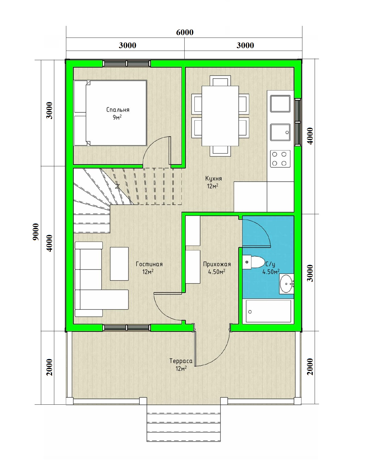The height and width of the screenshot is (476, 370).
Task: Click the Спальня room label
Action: (118, 110)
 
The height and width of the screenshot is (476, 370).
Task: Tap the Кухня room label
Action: (213, 179)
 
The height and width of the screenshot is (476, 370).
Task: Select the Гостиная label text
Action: (149, 264)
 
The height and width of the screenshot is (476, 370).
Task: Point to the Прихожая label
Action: (217, 264)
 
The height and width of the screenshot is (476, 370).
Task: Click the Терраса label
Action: (181, 361)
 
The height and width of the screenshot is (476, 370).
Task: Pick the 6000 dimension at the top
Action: (185, 32)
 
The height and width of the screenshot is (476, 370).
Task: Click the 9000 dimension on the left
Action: (36, 232)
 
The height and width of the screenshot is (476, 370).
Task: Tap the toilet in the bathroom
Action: (254, 262)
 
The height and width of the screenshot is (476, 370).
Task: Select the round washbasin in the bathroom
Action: (287, 284)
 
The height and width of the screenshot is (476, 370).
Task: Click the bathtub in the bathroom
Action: (268, 311)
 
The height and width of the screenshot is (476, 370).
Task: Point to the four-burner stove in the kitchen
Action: (280, 159)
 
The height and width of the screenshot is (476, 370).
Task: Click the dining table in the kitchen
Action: (220, 116)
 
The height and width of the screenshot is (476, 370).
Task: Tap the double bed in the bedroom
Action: (110, 113)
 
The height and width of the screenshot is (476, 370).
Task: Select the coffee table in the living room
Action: (119, 264)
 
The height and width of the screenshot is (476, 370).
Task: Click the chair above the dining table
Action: (220, 81)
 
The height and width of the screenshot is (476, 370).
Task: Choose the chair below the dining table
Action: (220, 151)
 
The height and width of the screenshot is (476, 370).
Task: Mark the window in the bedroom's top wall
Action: (127, 63)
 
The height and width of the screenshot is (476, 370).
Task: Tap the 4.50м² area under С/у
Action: (271, 271)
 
